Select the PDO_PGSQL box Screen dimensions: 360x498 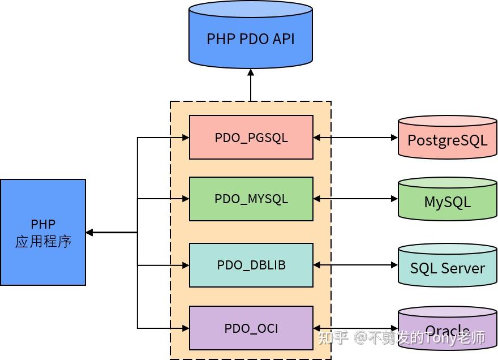(251, 138)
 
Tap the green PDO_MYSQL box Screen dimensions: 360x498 (251, 199)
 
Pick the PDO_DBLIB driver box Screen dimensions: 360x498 (251, 265)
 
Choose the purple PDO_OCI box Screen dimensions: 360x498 (251, 328)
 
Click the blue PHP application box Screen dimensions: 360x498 (43, 232)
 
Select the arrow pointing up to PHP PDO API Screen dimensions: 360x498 (251, 85)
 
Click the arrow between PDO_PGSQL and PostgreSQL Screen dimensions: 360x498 (355, 138)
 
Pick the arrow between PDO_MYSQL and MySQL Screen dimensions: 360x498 (355, 199)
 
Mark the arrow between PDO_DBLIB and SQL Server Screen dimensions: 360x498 (355, 265)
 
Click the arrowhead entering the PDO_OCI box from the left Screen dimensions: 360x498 (185, 328)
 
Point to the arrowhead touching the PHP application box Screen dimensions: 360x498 (89, 232)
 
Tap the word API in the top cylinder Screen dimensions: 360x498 (281, 39)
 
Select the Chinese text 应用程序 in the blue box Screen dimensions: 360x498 (43, 242)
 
